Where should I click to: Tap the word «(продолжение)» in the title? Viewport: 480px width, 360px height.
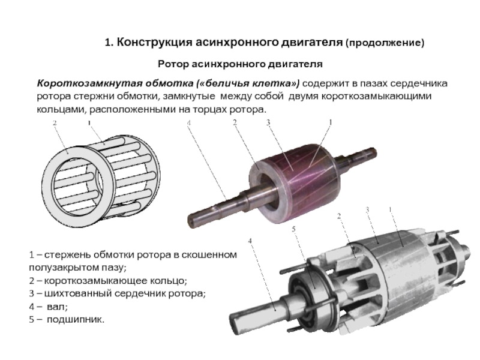(x=385, y=43)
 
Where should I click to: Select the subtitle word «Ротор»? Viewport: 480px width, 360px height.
(x=173, y=64)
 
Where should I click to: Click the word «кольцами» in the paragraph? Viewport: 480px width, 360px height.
(x=61, y=109)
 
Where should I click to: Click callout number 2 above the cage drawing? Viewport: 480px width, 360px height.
(x=55, y=123)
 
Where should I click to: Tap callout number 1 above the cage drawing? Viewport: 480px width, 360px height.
(x=89, y=123)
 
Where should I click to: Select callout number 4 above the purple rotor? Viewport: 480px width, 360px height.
(x=189, y=123)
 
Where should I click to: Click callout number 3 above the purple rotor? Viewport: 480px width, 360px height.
(x=268, y=122)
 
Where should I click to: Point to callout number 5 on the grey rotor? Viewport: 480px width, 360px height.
(x=293, y=229)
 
